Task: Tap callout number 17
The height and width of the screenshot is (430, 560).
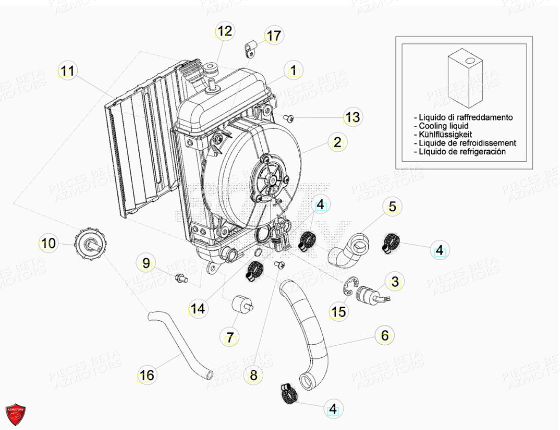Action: pyautogui.click(x=273, y=36)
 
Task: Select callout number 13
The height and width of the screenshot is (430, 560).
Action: pyautogui.click(x=353, y=118)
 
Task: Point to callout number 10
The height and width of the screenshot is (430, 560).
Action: pyautogui.click(x=48, y=243)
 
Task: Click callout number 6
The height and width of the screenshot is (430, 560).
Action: pyautogui.click(x=384, y=336)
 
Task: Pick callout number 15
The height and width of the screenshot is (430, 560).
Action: pyautogui.click(x=338, y=312)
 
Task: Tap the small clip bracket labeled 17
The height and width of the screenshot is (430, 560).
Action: pyautogui.click(x=250, y=49)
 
